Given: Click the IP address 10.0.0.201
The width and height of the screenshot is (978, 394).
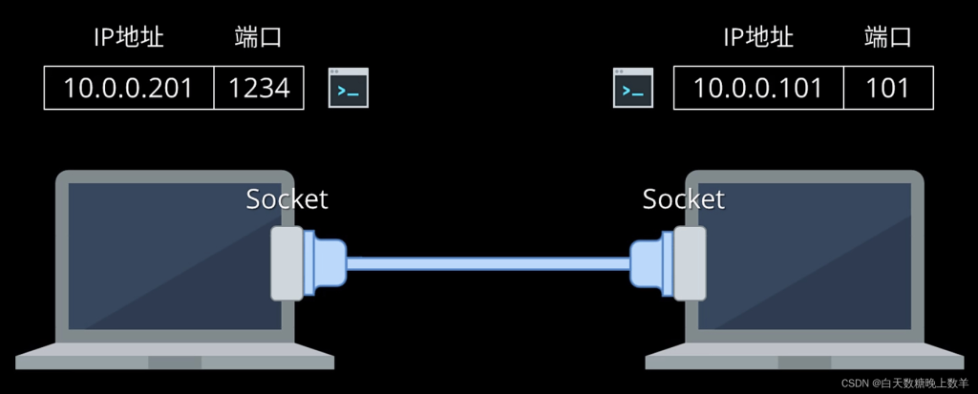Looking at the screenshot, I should tap(128, 88).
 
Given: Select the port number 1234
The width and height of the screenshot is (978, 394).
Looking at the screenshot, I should tap(259, 88).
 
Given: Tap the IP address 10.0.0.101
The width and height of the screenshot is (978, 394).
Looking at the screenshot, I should tap(757, 88).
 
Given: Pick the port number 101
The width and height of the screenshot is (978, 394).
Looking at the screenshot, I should tap(887, 88).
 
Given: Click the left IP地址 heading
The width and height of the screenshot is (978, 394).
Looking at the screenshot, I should tap(128, 38).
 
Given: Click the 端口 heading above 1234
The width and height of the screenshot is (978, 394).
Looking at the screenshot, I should tap(258, 38).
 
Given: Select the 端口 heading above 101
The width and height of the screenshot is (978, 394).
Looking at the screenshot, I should tap(887, 38).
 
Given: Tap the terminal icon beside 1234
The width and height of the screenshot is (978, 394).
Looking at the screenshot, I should tap(349, 88).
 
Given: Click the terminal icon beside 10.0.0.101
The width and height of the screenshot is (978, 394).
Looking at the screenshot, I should tap(633, 88).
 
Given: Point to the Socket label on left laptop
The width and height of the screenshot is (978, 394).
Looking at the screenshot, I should tap(287, 199).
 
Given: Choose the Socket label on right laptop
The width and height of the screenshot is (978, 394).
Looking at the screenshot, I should tap(683, 199).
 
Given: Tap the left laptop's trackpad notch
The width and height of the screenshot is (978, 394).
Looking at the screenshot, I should tap(175, 362).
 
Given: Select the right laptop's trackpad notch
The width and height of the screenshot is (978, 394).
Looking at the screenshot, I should tap(805, 362).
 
